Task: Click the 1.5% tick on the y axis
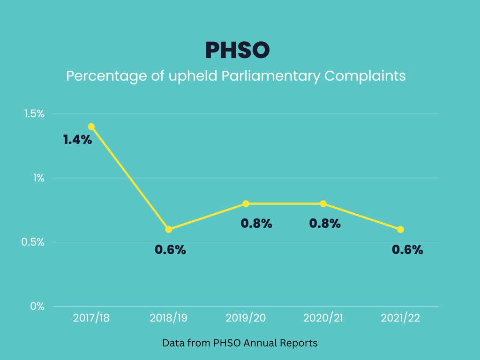pos(34,114)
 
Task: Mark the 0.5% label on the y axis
pos(34,242)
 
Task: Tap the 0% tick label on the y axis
pos(37,307)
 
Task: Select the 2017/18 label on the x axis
pos(91,318)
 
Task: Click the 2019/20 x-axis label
pos(246,318)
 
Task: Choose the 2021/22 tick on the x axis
pos(400,318)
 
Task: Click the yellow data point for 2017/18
pos(91,127)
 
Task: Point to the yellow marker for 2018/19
pos(169,229)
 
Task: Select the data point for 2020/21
pos(323,203)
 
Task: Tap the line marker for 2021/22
pos(400,229)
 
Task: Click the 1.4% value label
pos(78,139)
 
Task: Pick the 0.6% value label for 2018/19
pos(171,250)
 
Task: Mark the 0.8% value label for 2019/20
pos(256,224)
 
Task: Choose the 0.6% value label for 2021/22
pos(407,250)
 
